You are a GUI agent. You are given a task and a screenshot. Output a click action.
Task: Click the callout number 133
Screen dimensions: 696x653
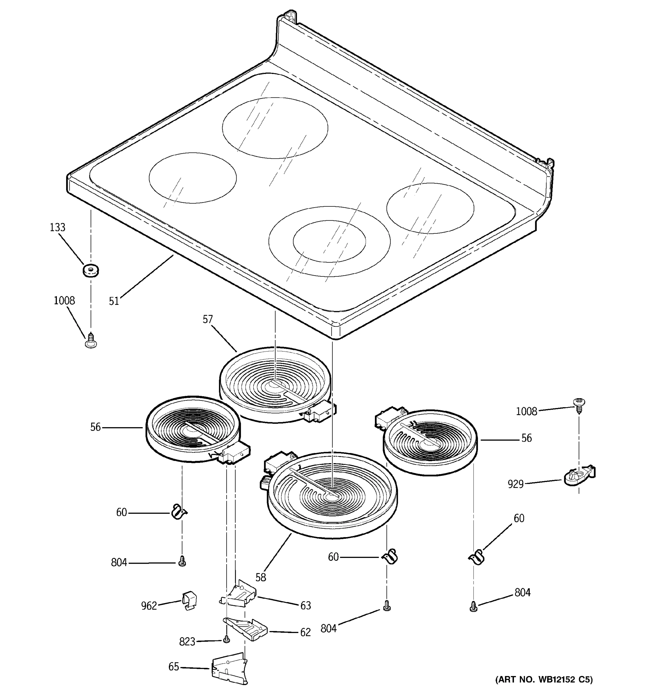(x=57, y=228)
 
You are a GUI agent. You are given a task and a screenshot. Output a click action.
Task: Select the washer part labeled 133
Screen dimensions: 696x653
(x=91, y=270)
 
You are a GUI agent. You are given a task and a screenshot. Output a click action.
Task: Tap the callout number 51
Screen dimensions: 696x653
(x=114, y=301)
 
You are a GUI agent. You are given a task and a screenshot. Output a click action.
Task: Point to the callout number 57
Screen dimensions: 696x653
(x=208, y=319)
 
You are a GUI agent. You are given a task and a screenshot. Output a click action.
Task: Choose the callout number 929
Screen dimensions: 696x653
(x=515, y=484)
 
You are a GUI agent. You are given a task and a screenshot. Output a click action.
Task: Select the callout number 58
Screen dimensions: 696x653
(x=261, y=577)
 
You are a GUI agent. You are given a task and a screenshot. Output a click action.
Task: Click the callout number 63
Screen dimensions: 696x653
(x=306, y=605)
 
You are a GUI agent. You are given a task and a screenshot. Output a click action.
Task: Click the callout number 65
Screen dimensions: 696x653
(x=174, y=667)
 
